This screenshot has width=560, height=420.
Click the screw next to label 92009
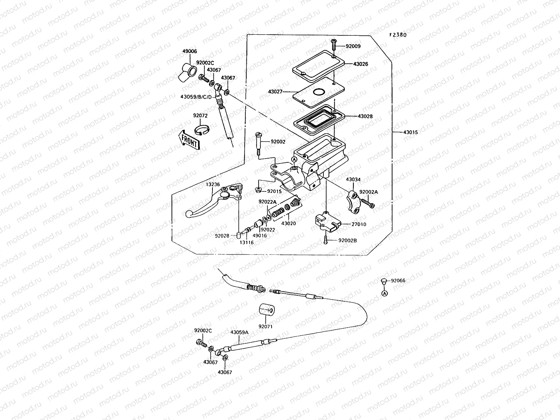[x=333, y=45]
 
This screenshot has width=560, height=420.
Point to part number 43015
[x=410, y=132]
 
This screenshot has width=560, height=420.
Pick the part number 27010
[x=359, y=224]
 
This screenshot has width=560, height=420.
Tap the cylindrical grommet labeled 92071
[x=267, y=310]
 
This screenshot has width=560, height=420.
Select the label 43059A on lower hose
[x=239, y=332]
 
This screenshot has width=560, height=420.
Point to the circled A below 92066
[x=384, y=293]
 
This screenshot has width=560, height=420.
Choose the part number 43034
[x=353, y=180]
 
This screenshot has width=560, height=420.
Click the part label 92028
[x=222, y=236]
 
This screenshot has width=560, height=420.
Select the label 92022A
[x=267, y=202]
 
